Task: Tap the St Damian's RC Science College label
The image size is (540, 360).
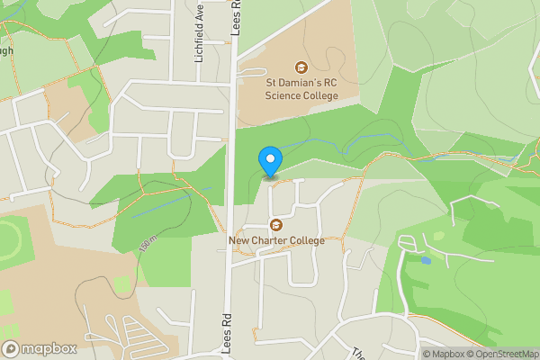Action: click(x=300, y=90)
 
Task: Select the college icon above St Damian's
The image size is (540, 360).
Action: click(x=300, y=67)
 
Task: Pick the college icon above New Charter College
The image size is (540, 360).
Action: click(x=275, y=223)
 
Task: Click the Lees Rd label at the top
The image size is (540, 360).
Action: click(x=236, y=16)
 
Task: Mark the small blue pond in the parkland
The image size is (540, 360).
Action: click(x=425, y=260)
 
